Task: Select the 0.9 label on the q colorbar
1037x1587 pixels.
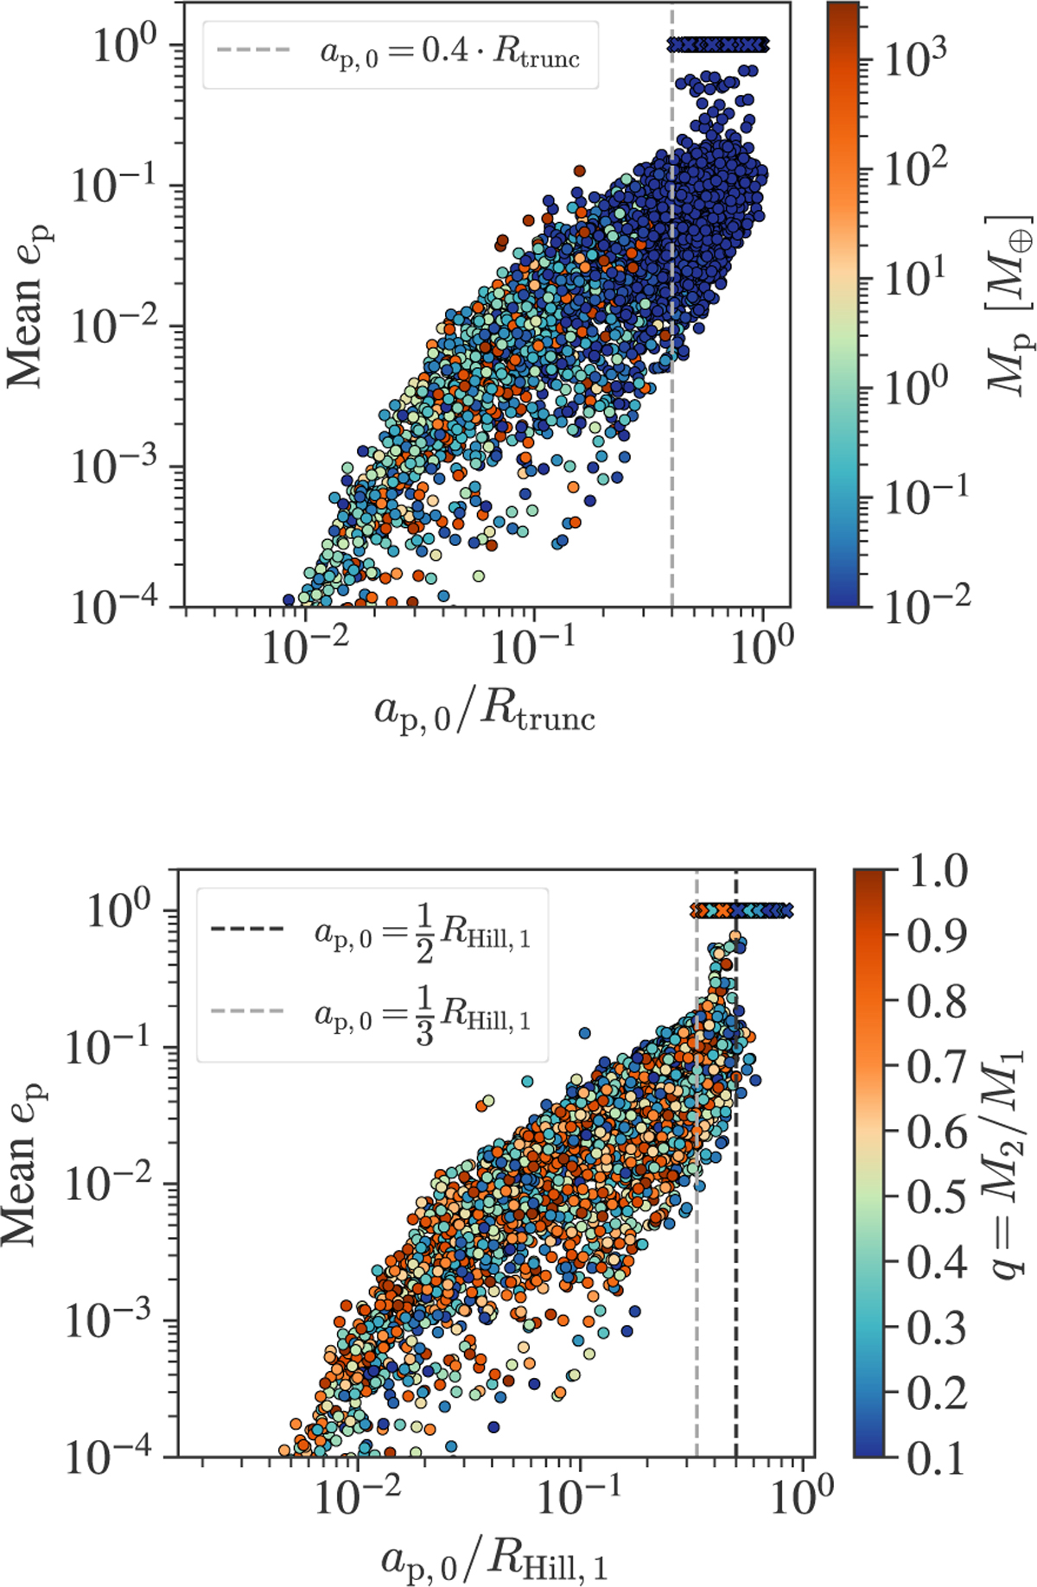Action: pos(937,936)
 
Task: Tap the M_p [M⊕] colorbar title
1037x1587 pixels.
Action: pos(1011,302)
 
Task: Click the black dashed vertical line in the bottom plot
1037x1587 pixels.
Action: pos(736,1209)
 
